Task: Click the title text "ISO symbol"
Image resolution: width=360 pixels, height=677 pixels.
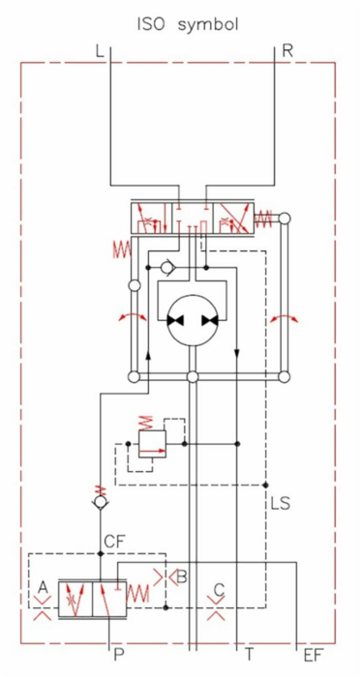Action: (x=187, y=25)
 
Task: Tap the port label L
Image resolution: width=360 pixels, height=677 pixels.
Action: (x=100, y=51)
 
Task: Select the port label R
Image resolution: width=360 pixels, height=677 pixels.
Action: (x=287, y=51)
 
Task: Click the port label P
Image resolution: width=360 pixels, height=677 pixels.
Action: (x=119, y=655)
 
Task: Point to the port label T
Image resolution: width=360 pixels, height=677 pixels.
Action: (x=250, y=655)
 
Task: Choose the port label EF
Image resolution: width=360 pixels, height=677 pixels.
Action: (x=314, y=655)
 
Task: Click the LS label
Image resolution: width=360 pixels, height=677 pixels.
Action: (x=280, y=503)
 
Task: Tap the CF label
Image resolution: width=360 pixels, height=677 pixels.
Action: (x=114, y=542)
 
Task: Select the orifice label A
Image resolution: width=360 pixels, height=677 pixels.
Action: (x=43, y=587)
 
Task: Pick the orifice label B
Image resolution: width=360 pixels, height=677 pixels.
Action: (x=182, y=576)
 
